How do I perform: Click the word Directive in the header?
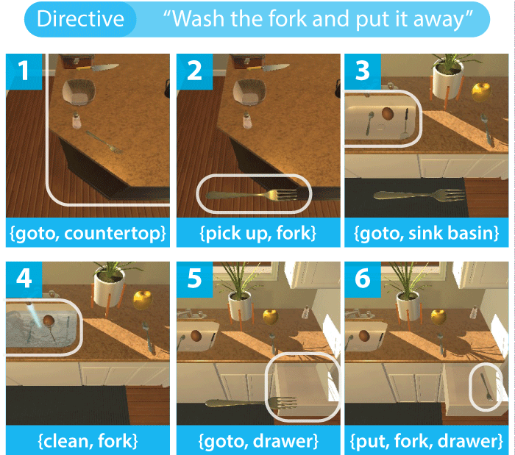pos(80,18)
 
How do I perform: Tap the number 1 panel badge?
pos(24,71)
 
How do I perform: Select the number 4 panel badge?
pos(24,279)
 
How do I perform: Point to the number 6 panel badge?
pos(362,279)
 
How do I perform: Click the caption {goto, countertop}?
pos(88,233)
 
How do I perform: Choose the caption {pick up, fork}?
pos(258,233)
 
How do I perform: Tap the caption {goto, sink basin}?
pos(426,233)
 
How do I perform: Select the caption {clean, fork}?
pos(88,441)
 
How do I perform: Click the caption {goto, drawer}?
pos(258,441)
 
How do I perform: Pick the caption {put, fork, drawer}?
pos(426,441)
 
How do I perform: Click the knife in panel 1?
pos(97,68)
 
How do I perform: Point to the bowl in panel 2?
pos(249,93)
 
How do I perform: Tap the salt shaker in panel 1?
pos(77,121)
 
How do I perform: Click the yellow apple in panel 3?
pos(481,92)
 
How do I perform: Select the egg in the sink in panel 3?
pos(388,113)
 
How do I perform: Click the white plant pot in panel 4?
pos(109,290)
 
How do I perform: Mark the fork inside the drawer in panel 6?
pos(486,387)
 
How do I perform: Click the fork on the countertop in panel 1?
pos(104,143)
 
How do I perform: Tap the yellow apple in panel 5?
pos(271,318)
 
